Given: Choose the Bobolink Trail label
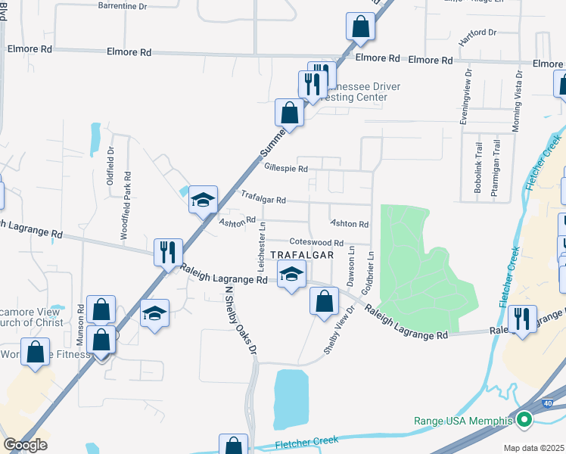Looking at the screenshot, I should [478, 169].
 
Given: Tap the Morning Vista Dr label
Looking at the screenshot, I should [519, 101].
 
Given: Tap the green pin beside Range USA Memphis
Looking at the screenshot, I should [522, 420].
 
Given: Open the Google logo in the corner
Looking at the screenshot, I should [25, 445].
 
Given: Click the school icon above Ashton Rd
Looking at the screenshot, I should [203, 201].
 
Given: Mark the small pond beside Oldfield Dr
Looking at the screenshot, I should [95, 138].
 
